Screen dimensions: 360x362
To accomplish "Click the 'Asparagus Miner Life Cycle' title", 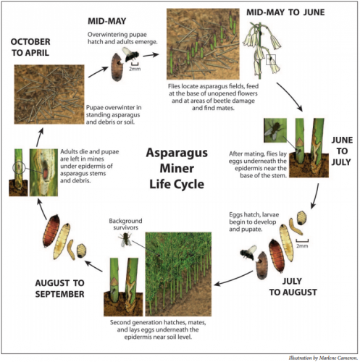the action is [177, 169].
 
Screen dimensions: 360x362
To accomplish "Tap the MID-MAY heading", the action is [106, 21].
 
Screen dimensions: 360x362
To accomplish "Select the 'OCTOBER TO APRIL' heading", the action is [30, 47].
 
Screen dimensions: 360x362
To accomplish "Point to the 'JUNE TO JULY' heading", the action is [342, 151].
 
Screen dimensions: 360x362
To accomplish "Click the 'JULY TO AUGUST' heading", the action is [293, 287].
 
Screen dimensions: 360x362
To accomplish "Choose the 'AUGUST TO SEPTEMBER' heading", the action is [59, 288].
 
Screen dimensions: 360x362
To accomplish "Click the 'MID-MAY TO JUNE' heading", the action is [285, 12].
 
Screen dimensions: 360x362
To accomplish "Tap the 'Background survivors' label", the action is [125, 224].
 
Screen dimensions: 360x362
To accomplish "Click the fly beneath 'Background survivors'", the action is [125, 239].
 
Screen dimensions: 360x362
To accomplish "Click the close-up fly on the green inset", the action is [275, 130].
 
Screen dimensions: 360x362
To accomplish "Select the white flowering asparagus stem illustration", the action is [262, 51].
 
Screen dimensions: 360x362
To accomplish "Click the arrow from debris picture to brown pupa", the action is [99, 72].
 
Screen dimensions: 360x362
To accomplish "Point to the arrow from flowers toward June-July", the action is [290, 96].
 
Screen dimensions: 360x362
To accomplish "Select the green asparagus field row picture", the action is [178, 274].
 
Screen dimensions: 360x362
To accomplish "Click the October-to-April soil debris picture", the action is [49, 94].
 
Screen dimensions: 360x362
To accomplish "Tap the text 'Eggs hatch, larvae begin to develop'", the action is [254, 218].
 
